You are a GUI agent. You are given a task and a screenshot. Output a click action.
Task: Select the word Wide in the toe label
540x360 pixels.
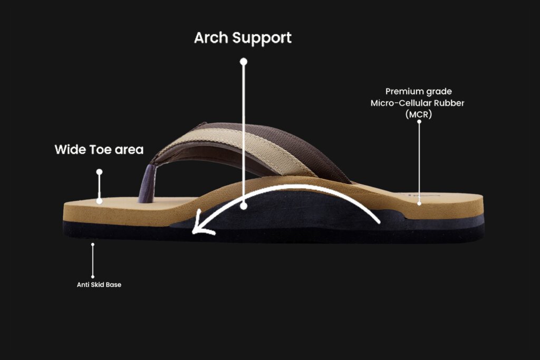coord(70,150)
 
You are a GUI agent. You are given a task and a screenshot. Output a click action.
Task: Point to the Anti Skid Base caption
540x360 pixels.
coord(99,285)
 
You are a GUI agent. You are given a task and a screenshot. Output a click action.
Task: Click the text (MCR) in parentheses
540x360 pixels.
coord(419,114)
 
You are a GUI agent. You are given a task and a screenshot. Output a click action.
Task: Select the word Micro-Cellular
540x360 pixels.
coord(402,103)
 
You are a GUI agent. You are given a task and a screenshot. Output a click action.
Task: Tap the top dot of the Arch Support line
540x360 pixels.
coord(244,62)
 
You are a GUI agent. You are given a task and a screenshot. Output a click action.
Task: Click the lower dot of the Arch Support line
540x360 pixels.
coord(244,206)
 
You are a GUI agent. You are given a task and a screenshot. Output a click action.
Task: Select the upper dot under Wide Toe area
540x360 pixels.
coord(99,172)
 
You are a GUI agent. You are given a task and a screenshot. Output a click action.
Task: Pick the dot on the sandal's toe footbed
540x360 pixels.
coord(99,201)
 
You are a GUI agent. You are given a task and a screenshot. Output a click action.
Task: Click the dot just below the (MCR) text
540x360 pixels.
coord(419,122)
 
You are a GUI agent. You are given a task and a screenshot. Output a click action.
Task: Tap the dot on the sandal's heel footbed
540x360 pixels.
coord(419,203)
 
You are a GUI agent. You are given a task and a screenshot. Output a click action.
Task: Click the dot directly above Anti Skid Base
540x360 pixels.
coord(93,244)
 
